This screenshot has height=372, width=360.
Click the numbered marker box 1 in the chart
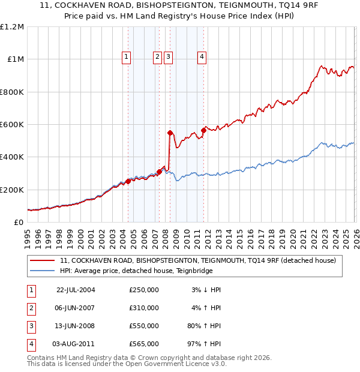click(127, 57)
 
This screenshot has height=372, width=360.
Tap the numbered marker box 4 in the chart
click(202, 57)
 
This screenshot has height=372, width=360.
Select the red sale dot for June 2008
click(170, 133)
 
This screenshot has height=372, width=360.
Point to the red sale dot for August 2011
click(203, 130)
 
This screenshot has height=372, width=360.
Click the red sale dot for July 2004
click(128, 181)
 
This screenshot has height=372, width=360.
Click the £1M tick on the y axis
click(16, 59)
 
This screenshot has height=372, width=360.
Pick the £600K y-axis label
click(12, 125)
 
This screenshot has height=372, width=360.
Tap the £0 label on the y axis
click(19, 223)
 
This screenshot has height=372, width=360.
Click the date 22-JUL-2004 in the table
click(76, 290)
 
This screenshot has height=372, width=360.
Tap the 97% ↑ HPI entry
click(203, 344)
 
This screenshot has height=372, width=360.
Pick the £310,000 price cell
click(144, 308)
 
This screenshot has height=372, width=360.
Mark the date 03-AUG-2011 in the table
click(76, 344)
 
